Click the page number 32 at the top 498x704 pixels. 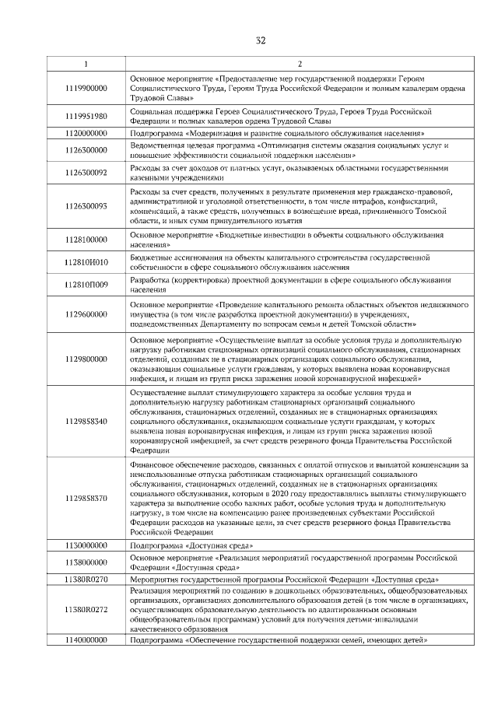pyautogui.click(x=261, y=41)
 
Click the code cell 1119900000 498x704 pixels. pyautogui.click(x=86, y=89)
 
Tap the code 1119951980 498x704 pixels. pyautogui.click(x=86, y=116)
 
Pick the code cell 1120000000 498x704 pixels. pyautogui.click(x=86, y=133)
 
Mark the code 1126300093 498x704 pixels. pyautogui.click(x=86, y=206)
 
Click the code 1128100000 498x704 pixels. pyautogui.click(x=86, y=240)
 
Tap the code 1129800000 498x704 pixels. pyautogui.click(x=86, y=359)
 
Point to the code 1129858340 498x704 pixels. pyautogui.click(x=86, y=421)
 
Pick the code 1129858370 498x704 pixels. pyautogui.click(x=86, y=498)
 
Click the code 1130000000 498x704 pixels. pyautogui.click(x=86, y=546)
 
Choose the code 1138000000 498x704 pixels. pyautogui.click(x=86, y=562)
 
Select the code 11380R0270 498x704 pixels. pyautogui.click(x=86, y=580)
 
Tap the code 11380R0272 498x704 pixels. pyautogui.click(x=86, y=609)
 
